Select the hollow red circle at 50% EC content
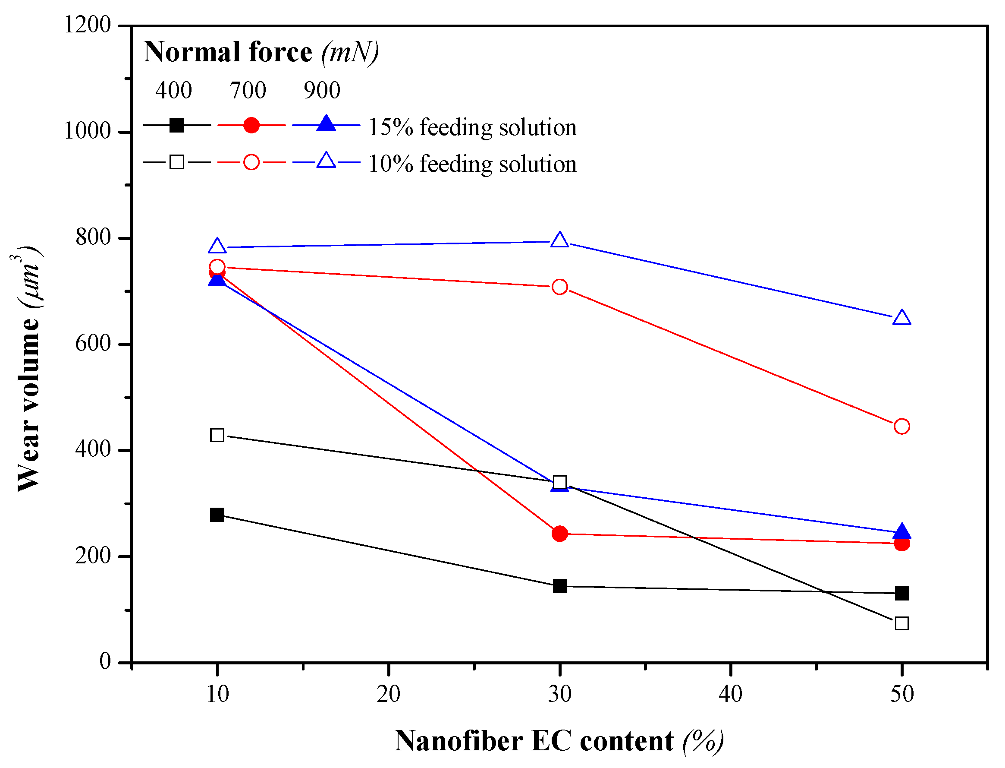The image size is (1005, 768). click(x=902, y=427)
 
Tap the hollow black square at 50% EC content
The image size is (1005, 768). click(x=902, y=623)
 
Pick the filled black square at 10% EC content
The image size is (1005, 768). click(x=217, y=515)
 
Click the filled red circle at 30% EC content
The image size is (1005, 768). click(x=559, y=534)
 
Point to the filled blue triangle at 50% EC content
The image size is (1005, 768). click(x=902, y=532)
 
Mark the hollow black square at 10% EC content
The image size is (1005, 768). click(x=217, y=435)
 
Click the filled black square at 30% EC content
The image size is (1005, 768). click(x=559, y=586)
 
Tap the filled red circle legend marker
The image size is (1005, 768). click(x=251, y=125)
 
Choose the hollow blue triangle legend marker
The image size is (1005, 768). click(x=326, y=161)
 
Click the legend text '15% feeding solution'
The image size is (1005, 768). click(x=472, y=127)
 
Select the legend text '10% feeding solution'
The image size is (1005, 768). click(x=472, y=164)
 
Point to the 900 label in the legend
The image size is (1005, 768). click(x=322, y=90)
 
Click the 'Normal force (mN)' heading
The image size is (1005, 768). click(x=261, y=52)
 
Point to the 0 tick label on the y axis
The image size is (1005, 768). click(x=105, y=661)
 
